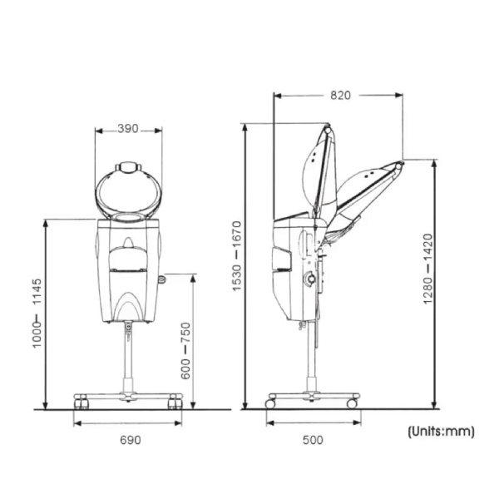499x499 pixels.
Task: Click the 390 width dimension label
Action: [x=128, y=129]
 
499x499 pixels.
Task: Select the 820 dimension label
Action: [x=340, y=95]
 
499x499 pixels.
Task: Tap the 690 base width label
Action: [x=131, y=440]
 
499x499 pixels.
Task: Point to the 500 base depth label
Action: [x=313, y=440]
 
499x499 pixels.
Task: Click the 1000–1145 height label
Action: [x=37, y=314]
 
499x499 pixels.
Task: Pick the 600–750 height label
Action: [x=185, y=351]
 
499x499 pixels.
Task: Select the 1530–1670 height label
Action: [x=237, y=256]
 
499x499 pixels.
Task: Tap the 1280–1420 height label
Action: [x=428, y=269]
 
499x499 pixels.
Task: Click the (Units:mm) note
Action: [x=441, y=432]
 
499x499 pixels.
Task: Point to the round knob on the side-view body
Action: [x=309, y=279]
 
